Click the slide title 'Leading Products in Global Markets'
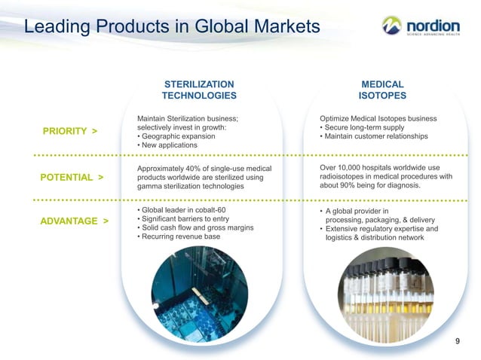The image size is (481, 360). (x=172, y=28)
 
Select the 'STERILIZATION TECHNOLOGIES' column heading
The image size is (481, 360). (x=199, y=90)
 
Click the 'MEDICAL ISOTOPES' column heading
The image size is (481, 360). (x=382, y=90)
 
